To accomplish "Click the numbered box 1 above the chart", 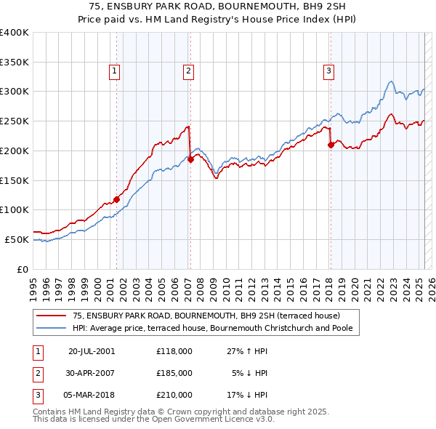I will click(x=116, y=71).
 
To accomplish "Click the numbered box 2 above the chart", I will click(x=188, y=71).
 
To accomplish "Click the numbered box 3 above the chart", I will click(x=328, y=71).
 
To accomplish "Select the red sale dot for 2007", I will click(x=190, y=159).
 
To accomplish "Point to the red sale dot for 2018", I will click(x=331, y=145).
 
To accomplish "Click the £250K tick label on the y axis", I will click(x=15, y=121).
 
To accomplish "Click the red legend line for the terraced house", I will click(x=52, y=316).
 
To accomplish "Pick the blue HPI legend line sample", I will click(x=52, y=328).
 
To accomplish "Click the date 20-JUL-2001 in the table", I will click(x=92, y=351).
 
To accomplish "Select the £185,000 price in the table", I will click(x=174, y=373).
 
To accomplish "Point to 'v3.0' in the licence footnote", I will click(x=265, y=419).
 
